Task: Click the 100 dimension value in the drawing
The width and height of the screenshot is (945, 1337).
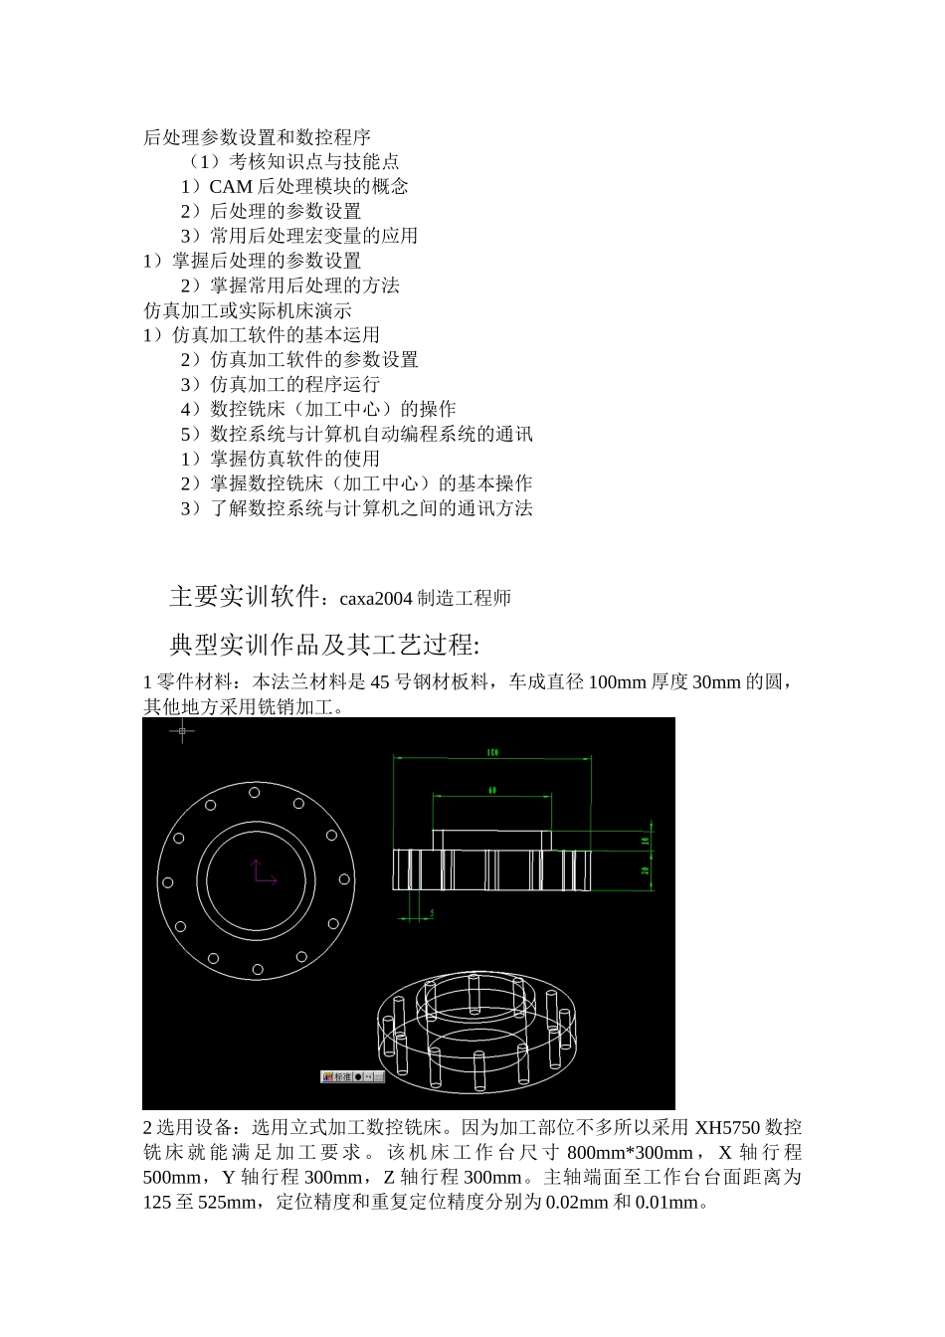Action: [492, 752]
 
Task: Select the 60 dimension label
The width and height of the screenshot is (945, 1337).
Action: [492, 791]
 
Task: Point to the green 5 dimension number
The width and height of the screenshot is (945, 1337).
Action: [432, 912]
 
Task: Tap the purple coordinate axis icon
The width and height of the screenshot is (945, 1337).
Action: [261, 872]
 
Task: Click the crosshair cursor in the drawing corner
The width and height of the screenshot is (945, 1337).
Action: [181, 732]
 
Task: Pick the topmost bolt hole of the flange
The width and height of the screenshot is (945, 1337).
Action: [255, 793]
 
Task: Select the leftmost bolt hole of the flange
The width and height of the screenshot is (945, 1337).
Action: [167, 882]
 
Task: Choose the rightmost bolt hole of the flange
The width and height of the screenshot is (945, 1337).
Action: [344, 879]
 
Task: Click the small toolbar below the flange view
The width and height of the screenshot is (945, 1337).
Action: [352, 1076]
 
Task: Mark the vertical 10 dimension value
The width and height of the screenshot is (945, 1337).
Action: [646, 841]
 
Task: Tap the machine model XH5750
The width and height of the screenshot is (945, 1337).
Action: [727, 1128]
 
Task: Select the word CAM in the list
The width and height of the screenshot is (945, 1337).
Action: [231, 187]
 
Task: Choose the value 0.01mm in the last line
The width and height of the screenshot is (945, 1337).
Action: [666, 1203]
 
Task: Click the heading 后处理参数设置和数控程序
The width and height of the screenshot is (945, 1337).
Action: [257, 137]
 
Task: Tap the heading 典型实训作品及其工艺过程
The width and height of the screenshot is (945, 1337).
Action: [324, 645]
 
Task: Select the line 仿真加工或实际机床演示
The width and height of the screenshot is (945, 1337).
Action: [247, 310]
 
